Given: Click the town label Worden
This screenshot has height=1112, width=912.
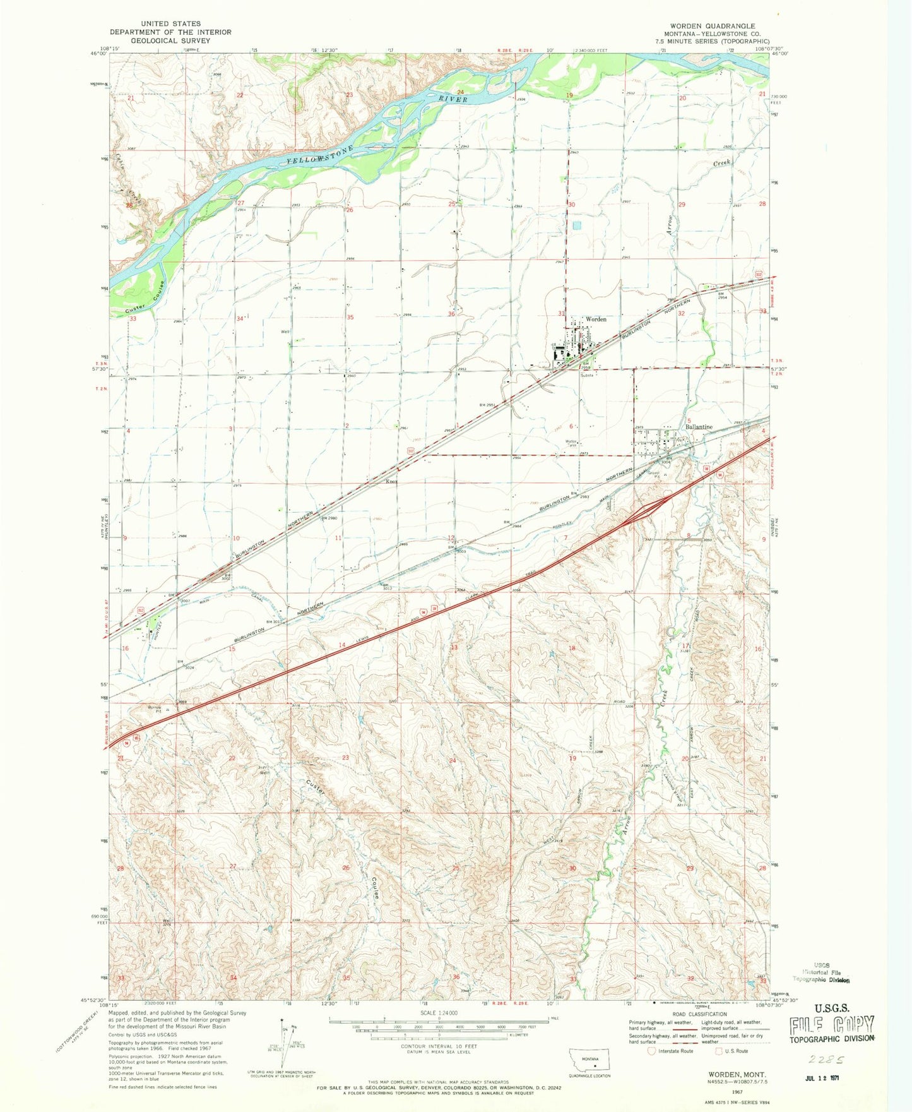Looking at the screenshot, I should tap(596, 319).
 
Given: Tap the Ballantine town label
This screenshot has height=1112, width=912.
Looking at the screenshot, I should tap(699, 427).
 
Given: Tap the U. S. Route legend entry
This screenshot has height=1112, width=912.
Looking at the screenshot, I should tap(732, 1051).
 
